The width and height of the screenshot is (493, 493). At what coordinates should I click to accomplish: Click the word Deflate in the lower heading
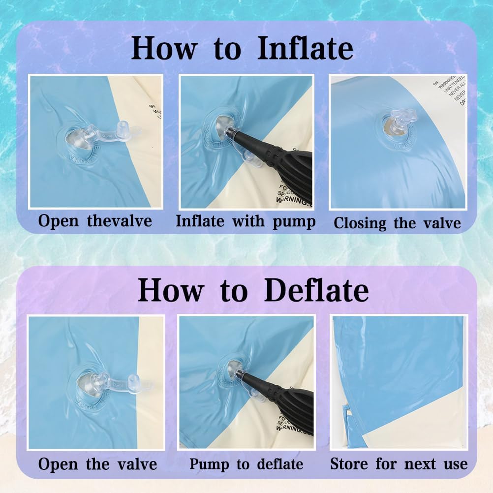[316, 291]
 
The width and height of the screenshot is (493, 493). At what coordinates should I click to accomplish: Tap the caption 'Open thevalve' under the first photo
[95, 221]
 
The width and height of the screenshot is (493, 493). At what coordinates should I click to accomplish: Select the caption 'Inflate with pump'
[246, 221]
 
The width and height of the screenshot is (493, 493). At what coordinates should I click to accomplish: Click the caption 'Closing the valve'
[397, 223]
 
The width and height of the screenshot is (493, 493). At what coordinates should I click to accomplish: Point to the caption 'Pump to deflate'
[246, 463]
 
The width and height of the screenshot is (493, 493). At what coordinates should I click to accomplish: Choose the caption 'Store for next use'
[399, 463]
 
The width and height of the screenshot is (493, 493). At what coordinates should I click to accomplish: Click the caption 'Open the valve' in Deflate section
[97, 464]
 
